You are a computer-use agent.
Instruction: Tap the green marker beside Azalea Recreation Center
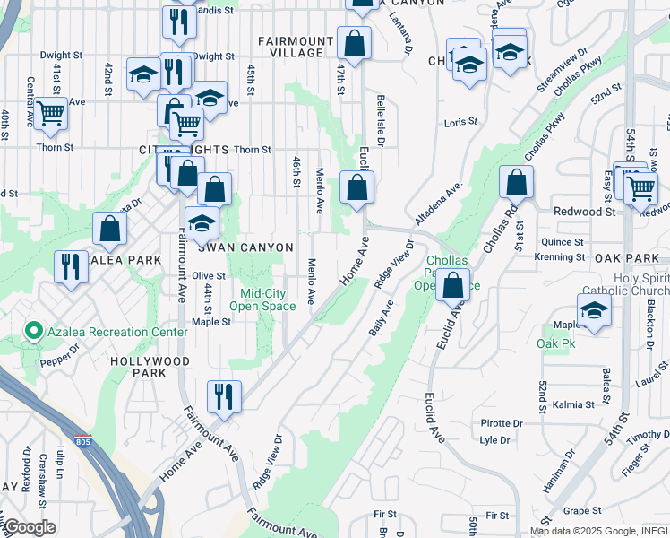tap(34, 332)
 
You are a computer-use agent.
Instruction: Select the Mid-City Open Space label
tap(262, 299)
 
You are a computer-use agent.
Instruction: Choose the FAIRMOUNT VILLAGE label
tap(290, 47)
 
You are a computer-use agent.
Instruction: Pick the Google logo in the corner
tap(29, 527)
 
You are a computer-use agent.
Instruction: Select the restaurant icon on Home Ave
tap(224, 395)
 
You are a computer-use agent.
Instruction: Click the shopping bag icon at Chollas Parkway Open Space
tap(453, 284)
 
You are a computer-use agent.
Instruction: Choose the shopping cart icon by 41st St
tap(51, 113)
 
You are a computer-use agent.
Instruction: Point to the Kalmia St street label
tap(573, 404)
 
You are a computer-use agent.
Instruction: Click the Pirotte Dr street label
tap(502, 422)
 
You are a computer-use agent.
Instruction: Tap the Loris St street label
tap(461, 121)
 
